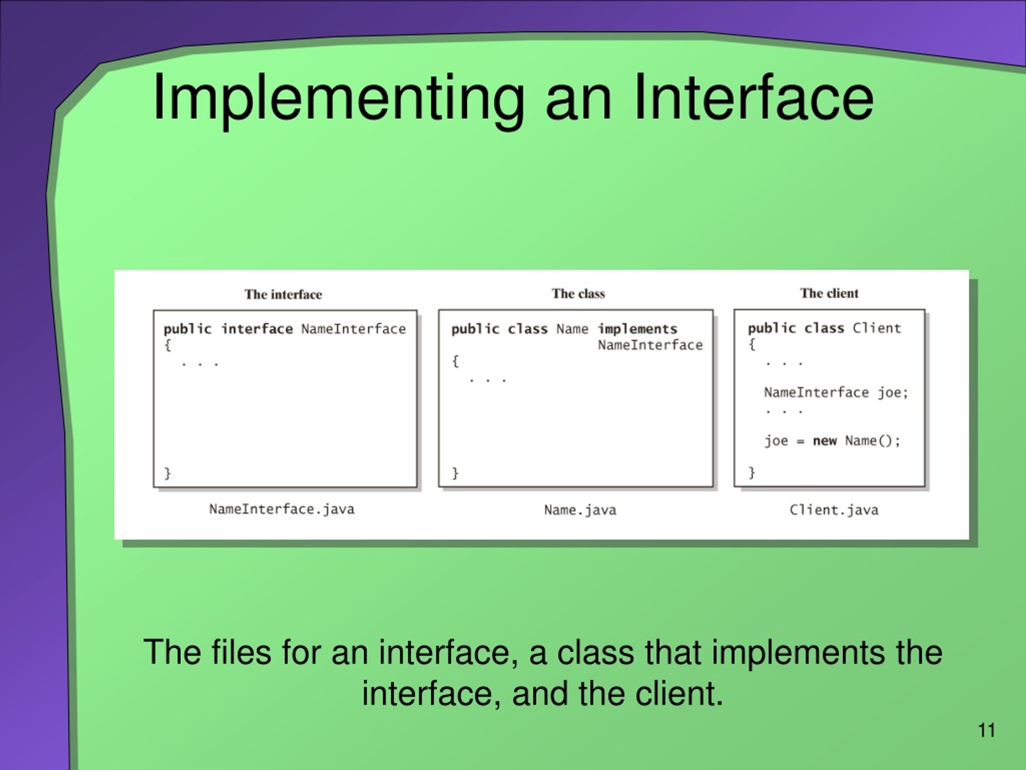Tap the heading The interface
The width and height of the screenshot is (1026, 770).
coord(283,295)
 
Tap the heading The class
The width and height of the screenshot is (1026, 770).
coord(578,294)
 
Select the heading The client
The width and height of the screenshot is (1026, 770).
coord(829,293)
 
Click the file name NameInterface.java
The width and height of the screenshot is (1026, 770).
coord(281,509)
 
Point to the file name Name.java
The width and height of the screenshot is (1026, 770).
coord(580,510)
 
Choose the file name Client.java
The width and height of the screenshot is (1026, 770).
coord(834,510)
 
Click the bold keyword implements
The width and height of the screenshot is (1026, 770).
coord(637,329)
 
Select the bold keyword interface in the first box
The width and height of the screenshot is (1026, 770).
coord(257,329)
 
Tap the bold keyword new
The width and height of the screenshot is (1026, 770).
coord(824,440)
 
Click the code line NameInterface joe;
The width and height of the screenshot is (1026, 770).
coord(836,393)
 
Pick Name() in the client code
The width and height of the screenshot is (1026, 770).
coord(872,440)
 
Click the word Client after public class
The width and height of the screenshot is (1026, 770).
coord(877,328)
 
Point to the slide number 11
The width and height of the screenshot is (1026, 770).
coord(987,731)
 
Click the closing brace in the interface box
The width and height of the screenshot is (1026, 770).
coord(168,473)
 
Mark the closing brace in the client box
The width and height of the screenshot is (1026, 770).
coord(751,472)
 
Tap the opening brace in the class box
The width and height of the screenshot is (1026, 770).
coord(455,361)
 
